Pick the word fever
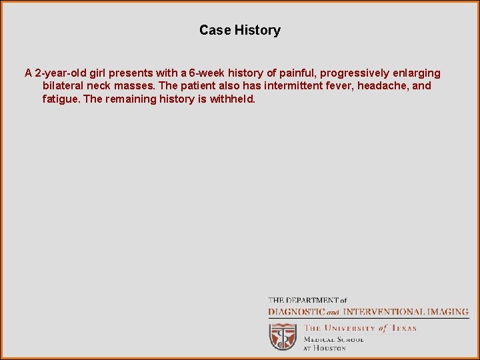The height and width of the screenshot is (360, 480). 341,86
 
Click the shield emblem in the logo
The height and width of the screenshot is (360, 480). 283,336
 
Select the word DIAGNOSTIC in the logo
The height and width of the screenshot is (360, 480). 296,311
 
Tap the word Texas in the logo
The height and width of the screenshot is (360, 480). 403,328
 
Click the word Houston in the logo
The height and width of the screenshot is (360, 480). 329,348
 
